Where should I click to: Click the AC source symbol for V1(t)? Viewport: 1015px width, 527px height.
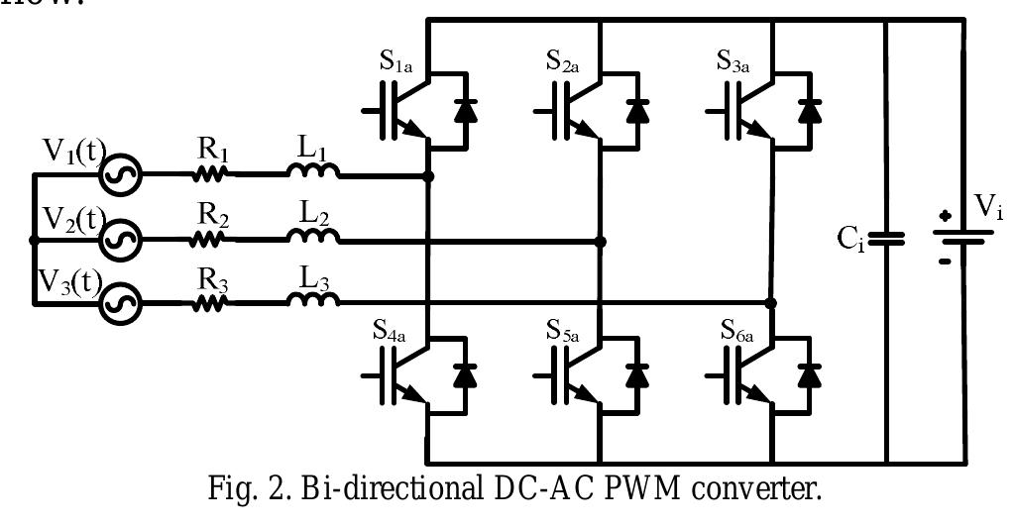point(125,176)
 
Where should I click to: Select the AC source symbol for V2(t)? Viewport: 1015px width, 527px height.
point(125,240)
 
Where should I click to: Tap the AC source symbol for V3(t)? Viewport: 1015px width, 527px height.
point(125,301)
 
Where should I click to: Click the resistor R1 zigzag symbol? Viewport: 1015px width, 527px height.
point(211,175)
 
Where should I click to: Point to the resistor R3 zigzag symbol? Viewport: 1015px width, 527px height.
point(211,301)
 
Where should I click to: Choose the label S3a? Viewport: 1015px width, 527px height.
point(738,59)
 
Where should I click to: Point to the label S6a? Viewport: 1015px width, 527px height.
point(738,328)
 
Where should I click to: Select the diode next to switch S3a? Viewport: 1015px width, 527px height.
point(810,110)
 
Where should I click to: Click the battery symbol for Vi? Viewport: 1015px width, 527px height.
point(959,239)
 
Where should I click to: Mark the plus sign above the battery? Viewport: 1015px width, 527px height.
point(947,215)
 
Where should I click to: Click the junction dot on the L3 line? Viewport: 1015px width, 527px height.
point(771,302)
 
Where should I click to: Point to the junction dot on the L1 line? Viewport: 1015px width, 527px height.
point(428,176)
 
